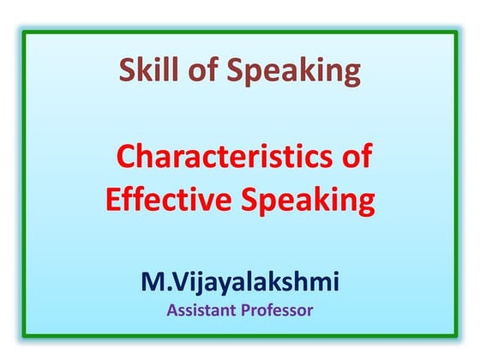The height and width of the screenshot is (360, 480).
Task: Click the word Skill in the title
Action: click(x=147, y=71)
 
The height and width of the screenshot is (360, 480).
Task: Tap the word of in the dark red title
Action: click(x=201, y=71)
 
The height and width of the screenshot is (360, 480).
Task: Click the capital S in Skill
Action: click(x=126, y=71)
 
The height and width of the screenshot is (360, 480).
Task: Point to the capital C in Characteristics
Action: click(x=125, y=158)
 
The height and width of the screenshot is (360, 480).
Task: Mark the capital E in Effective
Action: click(x=111, y=202)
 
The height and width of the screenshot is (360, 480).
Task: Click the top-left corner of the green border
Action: click(x=24, y=33)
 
